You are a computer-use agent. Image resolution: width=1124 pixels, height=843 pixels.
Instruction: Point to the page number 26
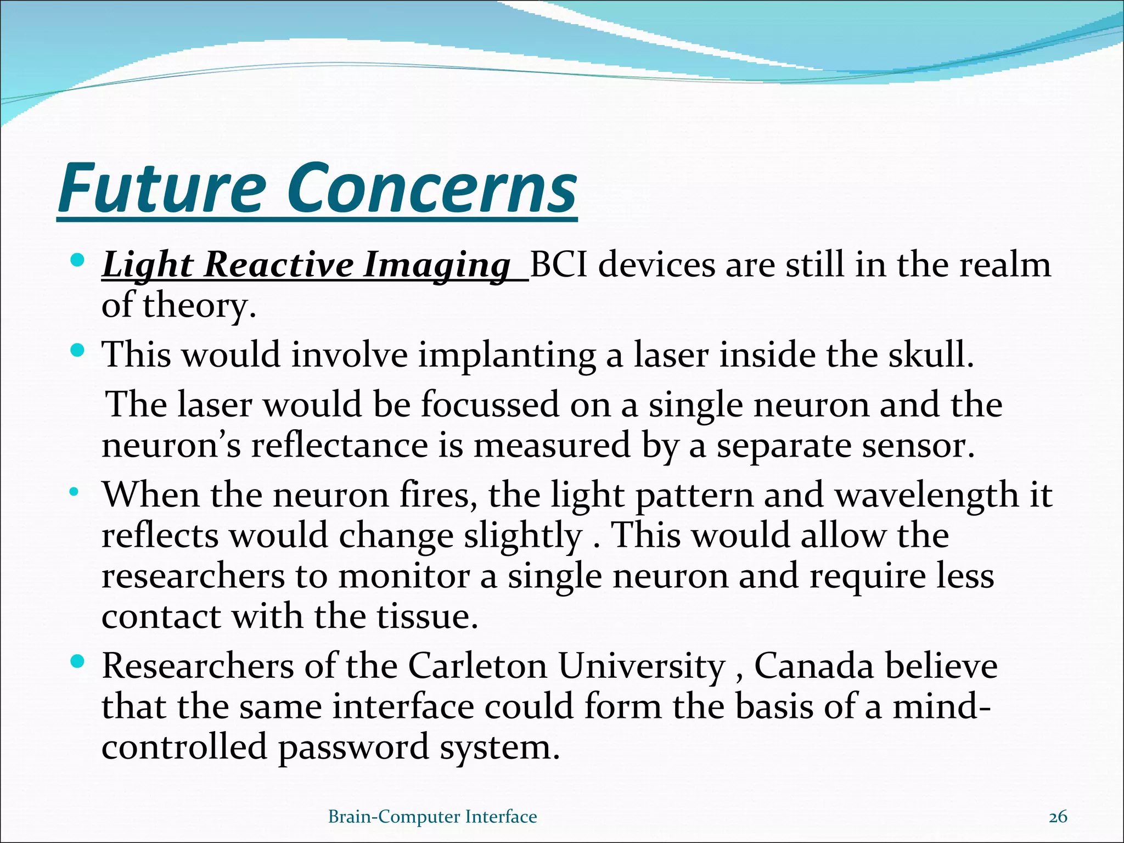1058,817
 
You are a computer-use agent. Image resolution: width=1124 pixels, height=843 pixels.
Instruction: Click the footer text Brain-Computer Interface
432,817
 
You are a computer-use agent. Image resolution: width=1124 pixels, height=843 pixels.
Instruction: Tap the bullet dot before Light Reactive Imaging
77,259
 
